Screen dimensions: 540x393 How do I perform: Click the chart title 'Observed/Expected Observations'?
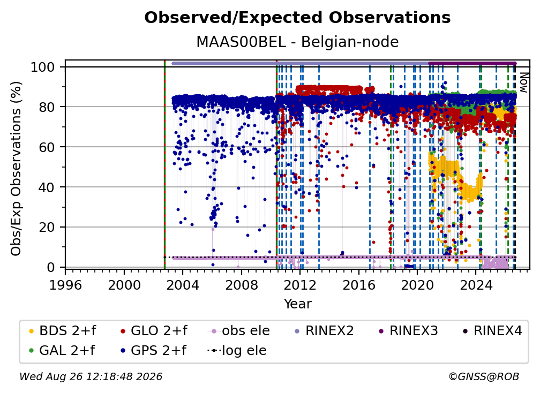297,18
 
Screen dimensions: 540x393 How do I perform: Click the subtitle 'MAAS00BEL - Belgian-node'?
297,42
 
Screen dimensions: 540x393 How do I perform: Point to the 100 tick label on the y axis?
42,67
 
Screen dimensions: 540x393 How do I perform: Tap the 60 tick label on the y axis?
47,147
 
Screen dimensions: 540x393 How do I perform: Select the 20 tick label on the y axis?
47,227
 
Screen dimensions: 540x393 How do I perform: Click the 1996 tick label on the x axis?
65,285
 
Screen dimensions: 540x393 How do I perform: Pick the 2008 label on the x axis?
242,285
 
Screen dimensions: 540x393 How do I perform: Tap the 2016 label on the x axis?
359,285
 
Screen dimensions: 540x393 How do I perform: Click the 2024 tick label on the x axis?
476,285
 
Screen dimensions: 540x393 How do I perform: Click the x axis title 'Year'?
297,304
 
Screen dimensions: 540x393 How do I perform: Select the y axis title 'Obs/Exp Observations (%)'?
16,168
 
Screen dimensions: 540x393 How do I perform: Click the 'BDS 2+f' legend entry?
62,331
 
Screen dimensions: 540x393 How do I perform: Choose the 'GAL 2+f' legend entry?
62,350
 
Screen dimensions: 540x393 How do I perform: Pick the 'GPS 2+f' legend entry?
153,350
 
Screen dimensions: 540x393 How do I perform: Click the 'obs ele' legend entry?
239,331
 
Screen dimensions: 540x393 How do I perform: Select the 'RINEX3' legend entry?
408,331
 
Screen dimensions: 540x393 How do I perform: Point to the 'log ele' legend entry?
237,350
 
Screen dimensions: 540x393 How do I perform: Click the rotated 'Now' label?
523,82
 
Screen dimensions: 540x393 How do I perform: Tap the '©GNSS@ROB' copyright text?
484,376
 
